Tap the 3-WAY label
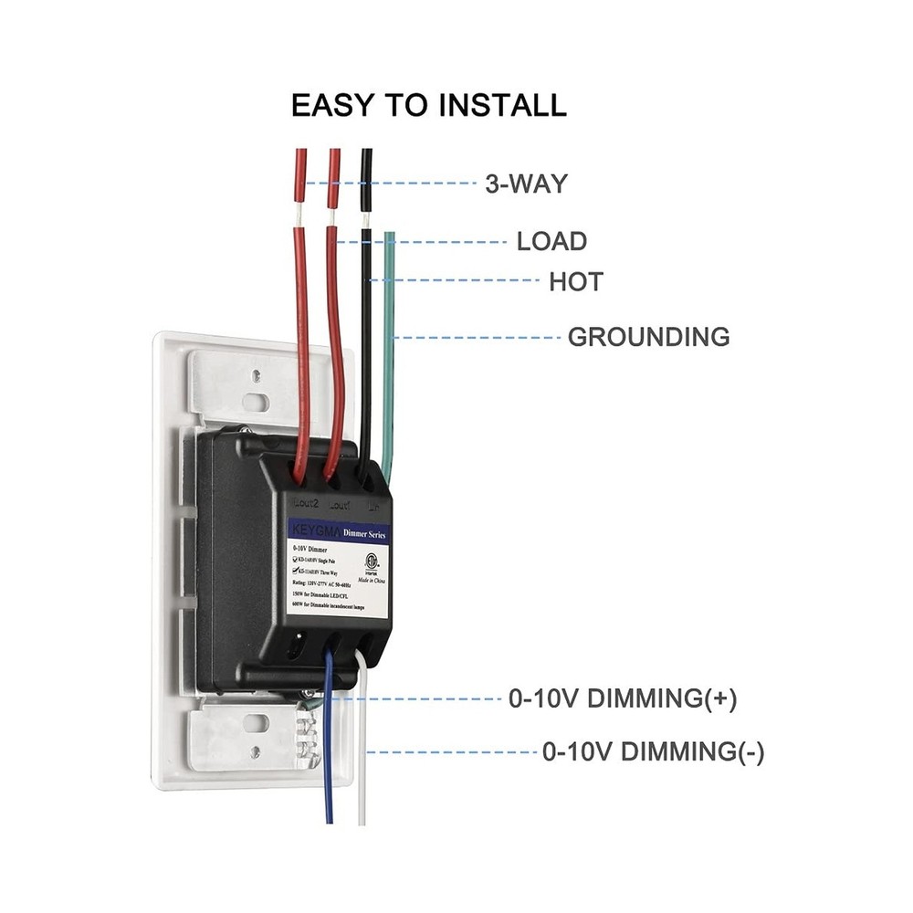coord(526,184)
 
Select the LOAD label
coord(551,242)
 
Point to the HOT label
coord(575,282)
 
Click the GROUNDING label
coord(648,337)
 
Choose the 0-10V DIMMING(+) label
coord(622,700)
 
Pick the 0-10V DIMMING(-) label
coord(653,753)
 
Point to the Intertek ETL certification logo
coord(372,558)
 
